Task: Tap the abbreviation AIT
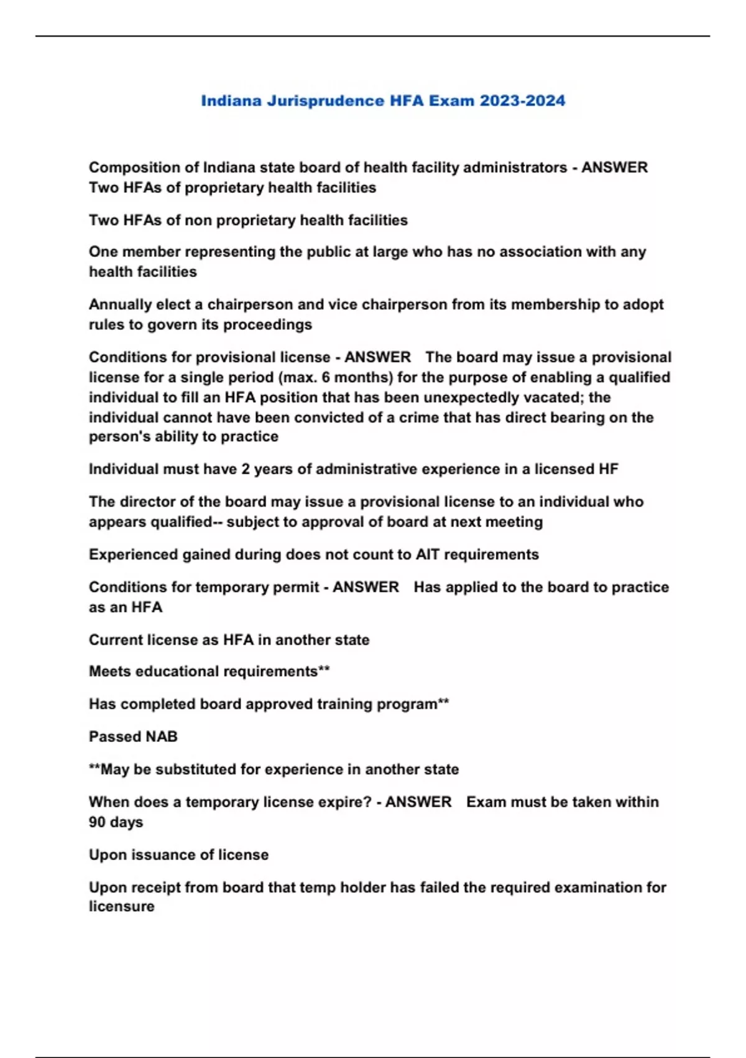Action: click(x=428, y=555)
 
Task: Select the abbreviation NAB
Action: click(x=161, y=736)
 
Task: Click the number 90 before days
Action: click(x=97, y=822)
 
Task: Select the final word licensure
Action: click(x=121, y=906)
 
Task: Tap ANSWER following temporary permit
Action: click(x=366, y=587)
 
